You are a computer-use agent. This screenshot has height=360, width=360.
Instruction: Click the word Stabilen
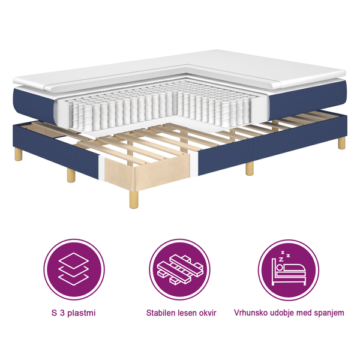point(161,313)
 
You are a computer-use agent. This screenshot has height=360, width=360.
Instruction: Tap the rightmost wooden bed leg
point(341,142)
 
